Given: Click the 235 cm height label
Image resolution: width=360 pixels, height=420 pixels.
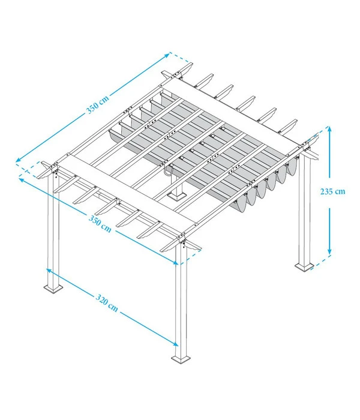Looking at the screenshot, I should (x=332, y=192).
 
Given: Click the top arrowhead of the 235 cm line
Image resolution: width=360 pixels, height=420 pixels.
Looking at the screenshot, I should (x=329, y=128).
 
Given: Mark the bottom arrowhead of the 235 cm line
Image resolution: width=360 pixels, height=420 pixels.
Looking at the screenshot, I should (x=329, y=251).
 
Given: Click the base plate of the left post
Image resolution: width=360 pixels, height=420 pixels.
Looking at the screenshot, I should (x=54, y=289).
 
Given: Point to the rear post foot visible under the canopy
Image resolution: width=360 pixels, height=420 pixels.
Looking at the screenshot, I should (x=178, y=194).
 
